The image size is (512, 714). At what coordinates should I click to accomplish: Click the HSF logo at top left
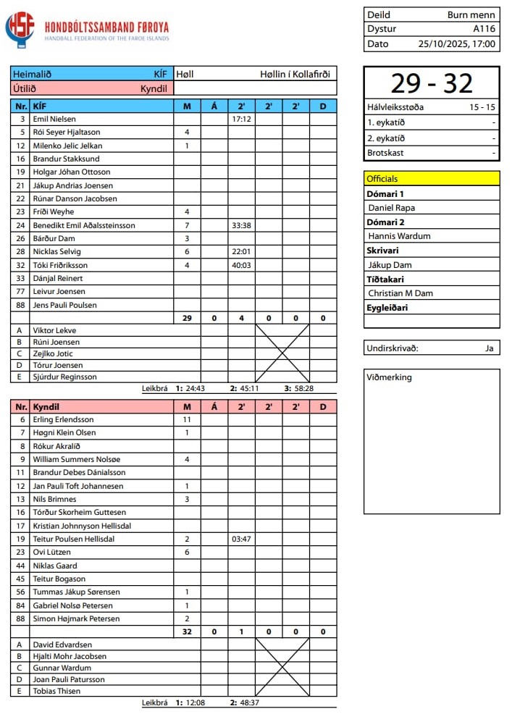click(x=20, y=29)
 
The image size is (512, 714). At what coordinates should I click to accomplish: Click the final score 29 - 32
click(x=431, y=83)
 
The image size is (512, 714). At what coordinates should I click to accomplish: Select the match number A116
click(x=484, y=29)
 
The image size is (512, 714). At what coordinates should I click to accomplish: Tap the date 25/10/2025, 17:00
click(x=457, y=43)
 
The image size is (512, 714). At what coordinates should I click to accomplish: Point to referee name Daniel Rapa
click(x=392, y=208)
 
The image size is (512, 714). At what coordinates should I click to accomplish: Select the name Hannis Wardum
click(x=399, y=236)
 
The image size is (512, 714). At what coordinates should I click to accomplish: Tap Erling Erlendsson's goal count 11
click(x=187, y=419)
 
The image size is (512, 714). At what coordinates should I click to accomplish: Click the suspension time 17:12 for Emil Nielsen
click(x=241, y=119)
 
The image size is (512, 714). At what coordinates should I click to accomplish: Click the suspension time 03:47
click(x=241, y=539)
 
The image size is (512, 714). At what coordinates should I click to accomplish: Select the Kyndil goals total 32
click(x=187, y=632)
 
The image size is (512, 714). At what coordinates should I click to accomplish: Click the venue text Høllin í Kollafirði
click(x=295, y=74)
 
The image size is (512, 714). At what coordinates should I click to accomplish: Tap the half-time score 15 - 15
click(x=481, y=107)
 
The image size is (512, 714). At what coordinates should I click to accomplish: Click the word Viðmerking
click(x=390, y=377)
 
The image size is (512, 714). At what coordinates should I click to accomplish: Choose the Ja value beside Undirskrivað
click(x=490, y=348)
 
